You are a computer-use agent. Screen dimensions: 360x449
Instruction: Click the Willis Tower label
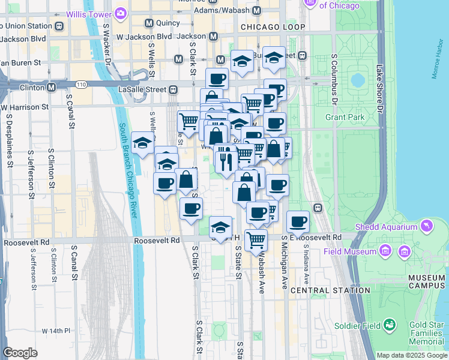88,12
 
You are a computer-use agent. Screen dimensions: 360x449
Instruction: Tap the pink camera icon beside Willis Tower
121,12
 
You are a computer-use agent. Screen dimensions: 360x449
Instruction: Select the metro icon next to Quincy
149,23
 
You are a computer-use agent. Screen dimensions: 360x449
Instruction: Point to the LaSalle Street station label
140,89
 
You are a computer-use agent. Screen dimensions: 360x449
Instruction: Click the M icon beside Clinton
52,87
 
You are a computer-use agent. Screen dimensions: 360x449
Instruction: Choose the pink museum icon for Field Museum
402,251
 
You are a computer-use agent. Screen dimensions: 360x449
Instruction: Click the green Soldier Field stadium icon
391,325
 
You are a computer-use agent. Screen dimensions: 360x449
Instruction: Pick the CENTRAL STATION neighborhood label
330,290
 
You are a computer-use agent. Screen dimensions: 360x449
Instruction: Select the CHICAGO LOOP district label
273,27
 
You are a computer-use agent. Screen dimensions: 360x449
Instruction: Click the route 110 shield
82,84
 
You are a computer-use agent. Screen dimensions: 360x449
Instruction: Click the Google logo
20,353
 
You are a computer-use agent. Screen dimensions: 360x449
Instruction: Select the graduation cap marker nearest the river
142,143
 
